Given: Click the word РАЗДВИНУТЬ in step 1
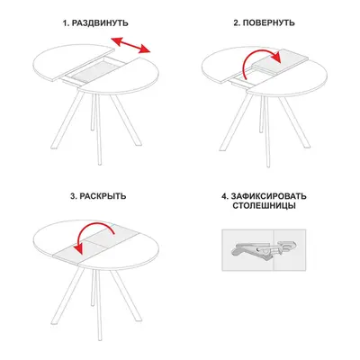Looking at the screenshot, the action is [x=100, y=23].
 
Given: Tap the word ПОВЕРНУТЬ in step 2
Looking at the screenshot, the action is [x=269, y=23].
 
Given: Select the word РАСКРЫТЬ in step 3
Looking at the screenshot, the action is [x=103, y=196].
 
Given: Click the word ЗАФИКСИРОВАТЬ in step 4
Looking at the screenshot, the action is [x=269, y=196].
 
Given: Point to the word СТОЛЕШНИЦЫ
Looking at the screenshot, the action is [x=264, y=206].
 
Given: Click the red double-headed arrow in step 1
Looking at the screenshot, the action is [x=130, y=45].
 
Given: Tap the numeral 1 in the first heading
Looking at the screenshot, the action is [x=65, y=23].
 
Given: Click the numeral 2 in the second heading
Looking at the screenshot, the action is [x=236, y=23].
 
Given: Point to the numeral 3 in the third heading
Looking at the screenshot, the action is [x=73, y=196].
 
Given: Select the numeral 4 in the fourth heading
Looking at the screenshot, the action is [x=225, y=196].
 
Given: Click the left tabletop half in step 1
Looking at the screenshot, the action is [x=70, y=60].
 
